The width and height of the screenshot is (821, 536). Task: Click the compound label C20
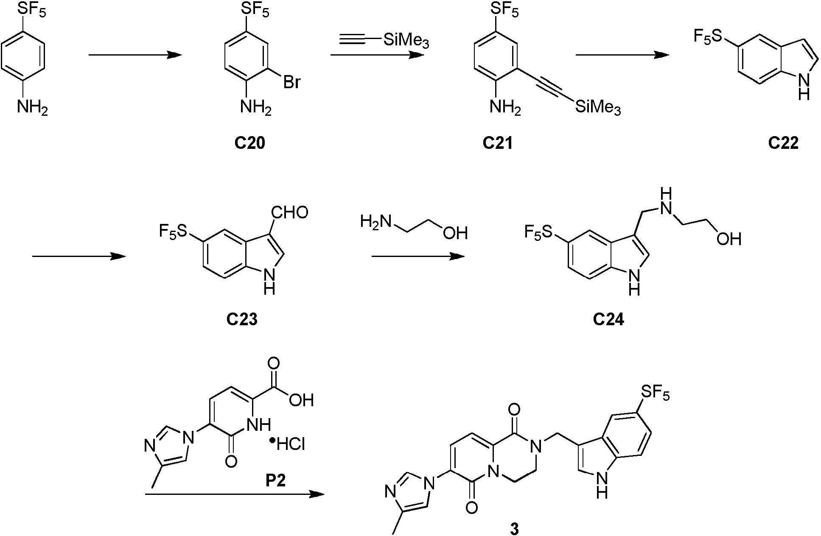point(250,143)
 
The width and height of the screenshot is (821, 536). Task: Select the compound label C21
point(498,143)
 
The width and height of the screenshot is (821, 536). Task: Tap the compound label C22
point(783,143)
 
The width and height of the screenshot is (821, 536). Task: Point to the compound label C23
point(242,319)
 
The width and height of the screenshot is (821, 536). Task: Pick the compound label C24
point(608,319)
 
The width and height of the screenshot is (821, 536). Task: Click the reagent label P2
point(276,480)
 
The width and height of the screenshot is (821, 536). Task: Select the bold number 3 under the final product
point(515,529)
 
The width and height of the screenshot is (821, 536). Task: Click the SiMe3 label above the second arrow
point(406,42)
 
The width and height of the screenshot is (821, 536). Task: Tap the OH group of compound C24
point(729,239)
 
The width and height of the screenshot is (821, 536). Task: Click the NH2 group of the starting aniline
point(32,107)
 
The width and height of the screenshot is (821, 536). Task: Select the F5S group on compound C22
point(707,37)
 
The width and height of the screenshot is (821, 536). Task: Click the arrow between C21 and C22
point(622,55)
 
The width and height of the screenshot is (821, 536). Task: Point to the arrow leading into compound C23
point(79,256)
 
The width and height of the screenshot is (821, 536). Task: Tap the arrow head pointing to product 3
point(317,494)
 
